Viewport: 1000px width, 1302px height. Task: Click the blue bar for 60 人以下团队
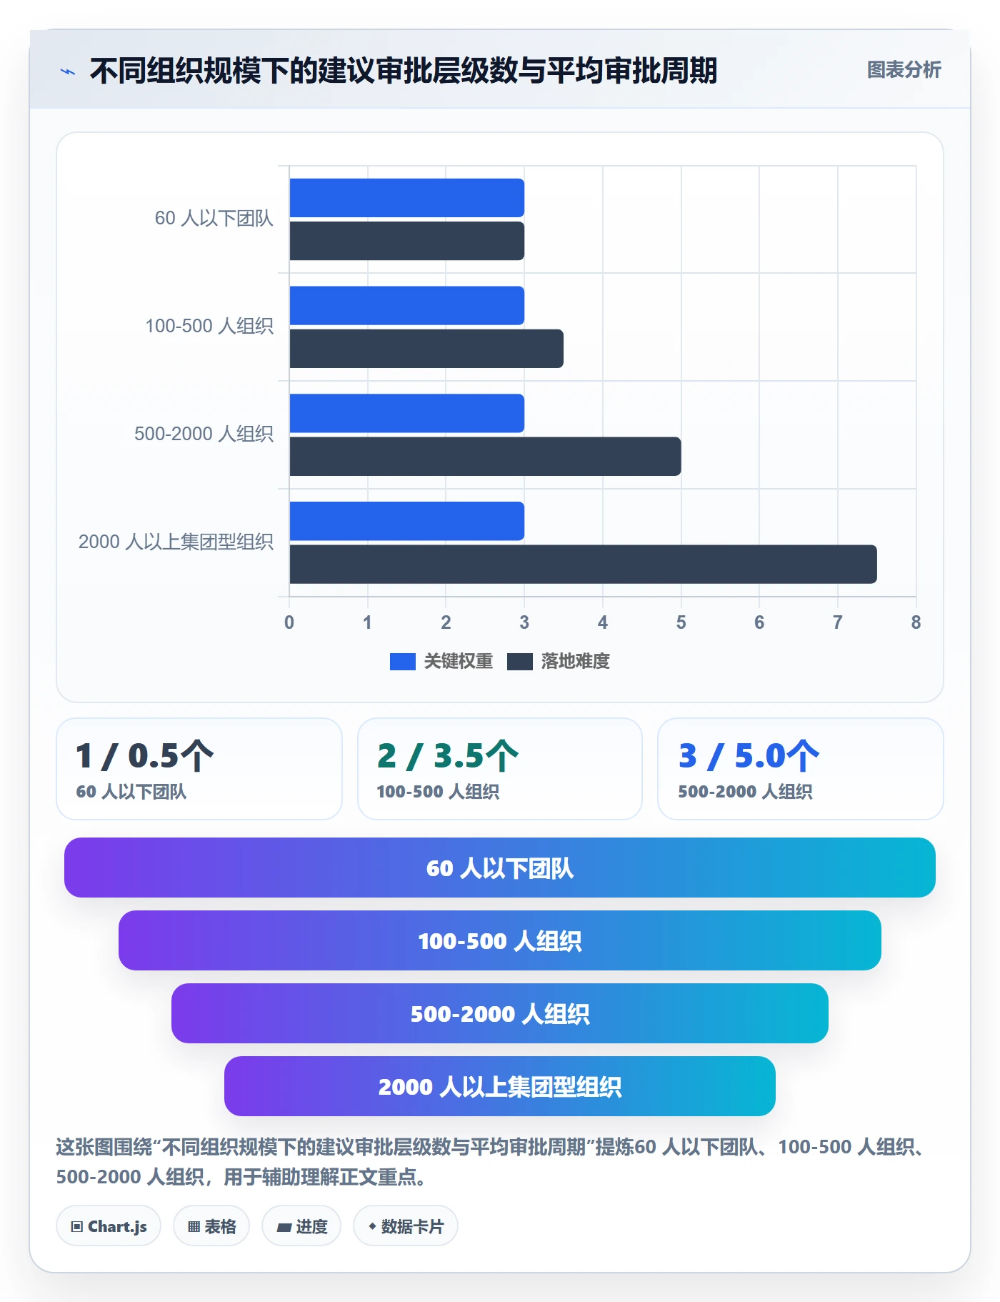coord(407,198)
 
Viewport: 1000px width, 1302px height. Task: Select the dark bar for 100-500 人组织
coord(426,349)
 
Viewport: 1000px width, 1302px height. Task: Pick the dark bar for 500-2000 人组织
coord(485,457)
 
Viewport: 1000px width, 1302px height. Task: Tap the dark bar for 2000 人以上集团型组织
coord(583,565)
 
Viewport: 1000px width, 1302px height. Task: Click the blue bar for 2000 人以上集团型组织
coord(407,521)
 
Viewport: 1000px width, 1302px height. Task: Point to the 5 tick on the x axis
coord(681,622)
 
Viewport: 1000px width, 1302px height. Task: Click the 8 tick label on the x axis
coord(916,622)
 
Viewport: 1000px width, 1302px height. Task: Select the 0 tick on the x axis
coord(289,622)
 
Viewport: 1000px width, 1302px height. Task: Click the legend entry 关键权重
coord(441,661)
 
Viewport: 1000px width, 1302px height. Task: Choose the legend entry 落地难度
coord(559,661)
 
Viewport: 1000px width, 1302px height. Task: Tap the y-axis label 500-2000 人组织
coord(204,434)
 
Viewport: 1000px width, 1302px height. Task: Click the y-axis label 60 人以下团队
coord(214,218)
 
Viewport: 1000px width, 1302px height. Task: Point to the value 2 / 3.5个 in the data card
coord(448,756)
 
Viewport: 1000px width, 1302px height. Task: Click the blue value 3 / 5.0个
coord(749,756)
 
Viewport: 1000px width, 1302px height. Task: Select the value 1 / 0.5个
coord(145,756)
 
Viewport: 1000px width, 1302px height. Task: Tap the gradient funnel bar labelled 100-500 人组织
coord(500,940)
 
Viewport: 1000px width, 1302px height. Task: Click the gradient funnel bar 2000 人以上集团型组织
coord(500,1086)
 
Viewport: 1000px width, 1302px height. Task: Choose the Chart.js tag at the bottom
coord(109,1226)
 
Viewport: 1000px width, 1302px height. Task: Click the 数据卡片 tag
coord(406,1226)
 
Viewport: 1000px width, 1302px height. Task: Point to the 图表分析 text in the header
coord(904,69)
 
